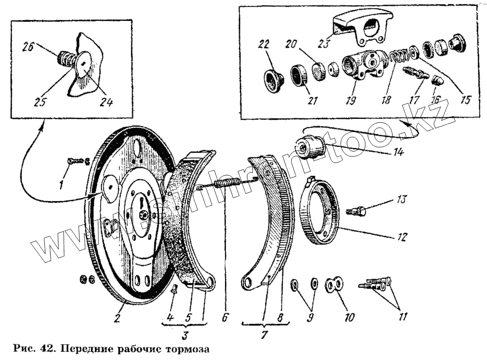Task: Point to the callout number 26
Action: click(28, 47)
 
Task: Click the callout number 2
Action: click(117, 318)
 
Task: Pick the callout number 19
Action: click(350, 100)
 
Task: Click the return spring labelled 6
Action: click(229, 184)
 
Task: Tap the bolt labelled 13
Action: click(356, 211)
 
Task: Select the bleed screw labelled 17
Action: click(415, 75)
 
